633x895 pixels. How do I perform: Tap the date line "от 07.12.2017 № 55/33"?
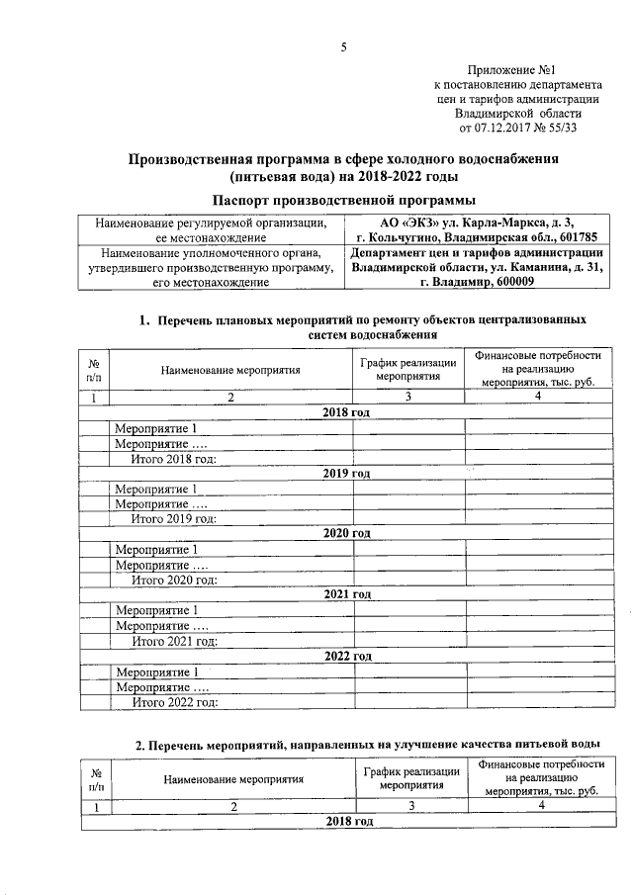[518, 128]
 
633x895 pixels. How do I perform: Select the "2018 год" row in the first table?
[346, 411]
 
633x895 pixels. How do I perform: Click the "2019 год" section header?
[346, 473]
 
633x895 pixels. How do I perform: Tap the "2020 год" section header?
[346, 533]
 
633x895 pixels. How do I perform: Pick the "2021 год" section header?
[346, 593]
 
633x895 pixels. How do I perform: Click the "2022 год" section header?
[346, 656]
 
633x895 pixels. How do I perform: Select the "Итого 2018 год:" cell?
[174, 459]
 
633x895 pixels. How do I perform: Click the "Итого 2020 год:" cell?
[174, 580]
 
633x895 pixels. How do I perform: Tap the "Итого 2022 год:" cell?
[174, 702]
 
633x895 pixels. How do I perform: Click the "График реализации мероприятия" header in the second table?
[410, 777]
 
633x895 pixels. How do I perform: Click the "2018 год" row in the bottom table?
[348, 823]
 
